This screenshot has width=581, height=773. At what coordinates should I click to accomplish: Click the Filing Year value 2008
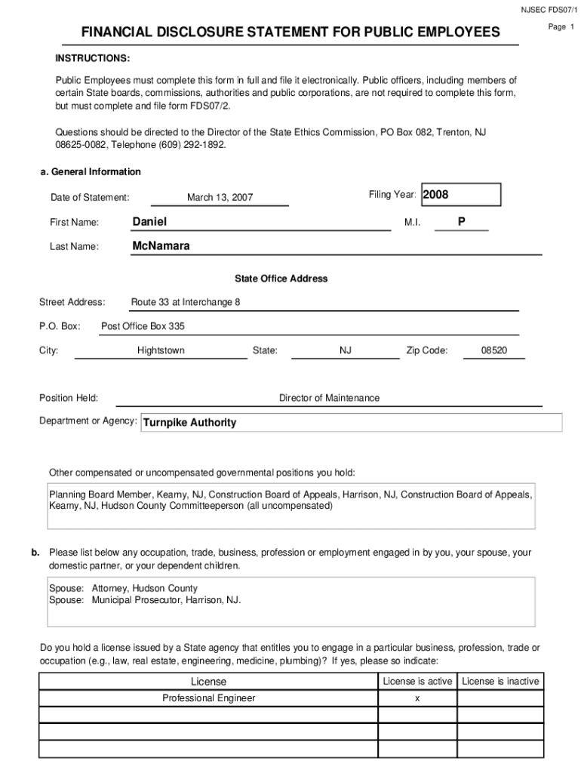pos(436,195)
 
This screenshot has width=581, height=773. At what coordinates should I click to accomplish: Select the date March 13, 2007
pos(220,198)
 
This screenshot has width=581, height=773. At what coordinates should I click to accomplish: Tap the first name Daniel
pos(149,221)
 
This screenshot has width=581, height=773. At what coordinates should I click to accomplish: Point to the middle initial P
pos(461,221)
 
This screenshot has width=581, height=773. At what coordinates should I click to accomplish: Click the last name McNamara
pos(161,246)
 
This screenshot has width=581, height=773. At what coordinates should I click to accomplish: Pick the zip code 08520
pos(494,350)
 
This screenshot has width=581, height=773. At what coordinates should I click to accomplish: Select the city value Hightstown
pos(161,350)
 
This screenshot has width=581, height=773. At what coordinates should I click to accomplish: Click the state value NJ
pos(346,350)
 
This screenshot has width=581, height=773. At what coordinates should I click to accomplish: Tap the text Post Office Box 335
pos(143,326)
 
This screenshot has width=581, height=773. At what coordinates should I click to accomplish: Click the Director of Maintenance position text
pos(329,398)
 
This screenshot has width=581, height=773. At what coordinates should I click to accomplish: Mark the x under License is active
pos(417,698)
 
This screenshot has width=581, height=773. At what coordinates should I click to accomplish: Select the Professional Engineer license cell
pos(208,698)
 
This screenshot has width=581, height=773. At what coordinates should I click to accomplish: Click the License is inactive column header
pos(500,681)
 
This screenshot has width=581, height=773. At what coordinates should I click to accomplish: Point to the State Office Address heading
pos(281,279)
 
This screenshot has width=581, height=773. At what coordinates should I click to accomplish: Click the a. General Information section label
pos(91,171)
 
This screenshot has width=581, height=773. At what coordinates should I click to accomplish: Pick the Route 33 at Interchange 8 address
pos(186,302)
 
